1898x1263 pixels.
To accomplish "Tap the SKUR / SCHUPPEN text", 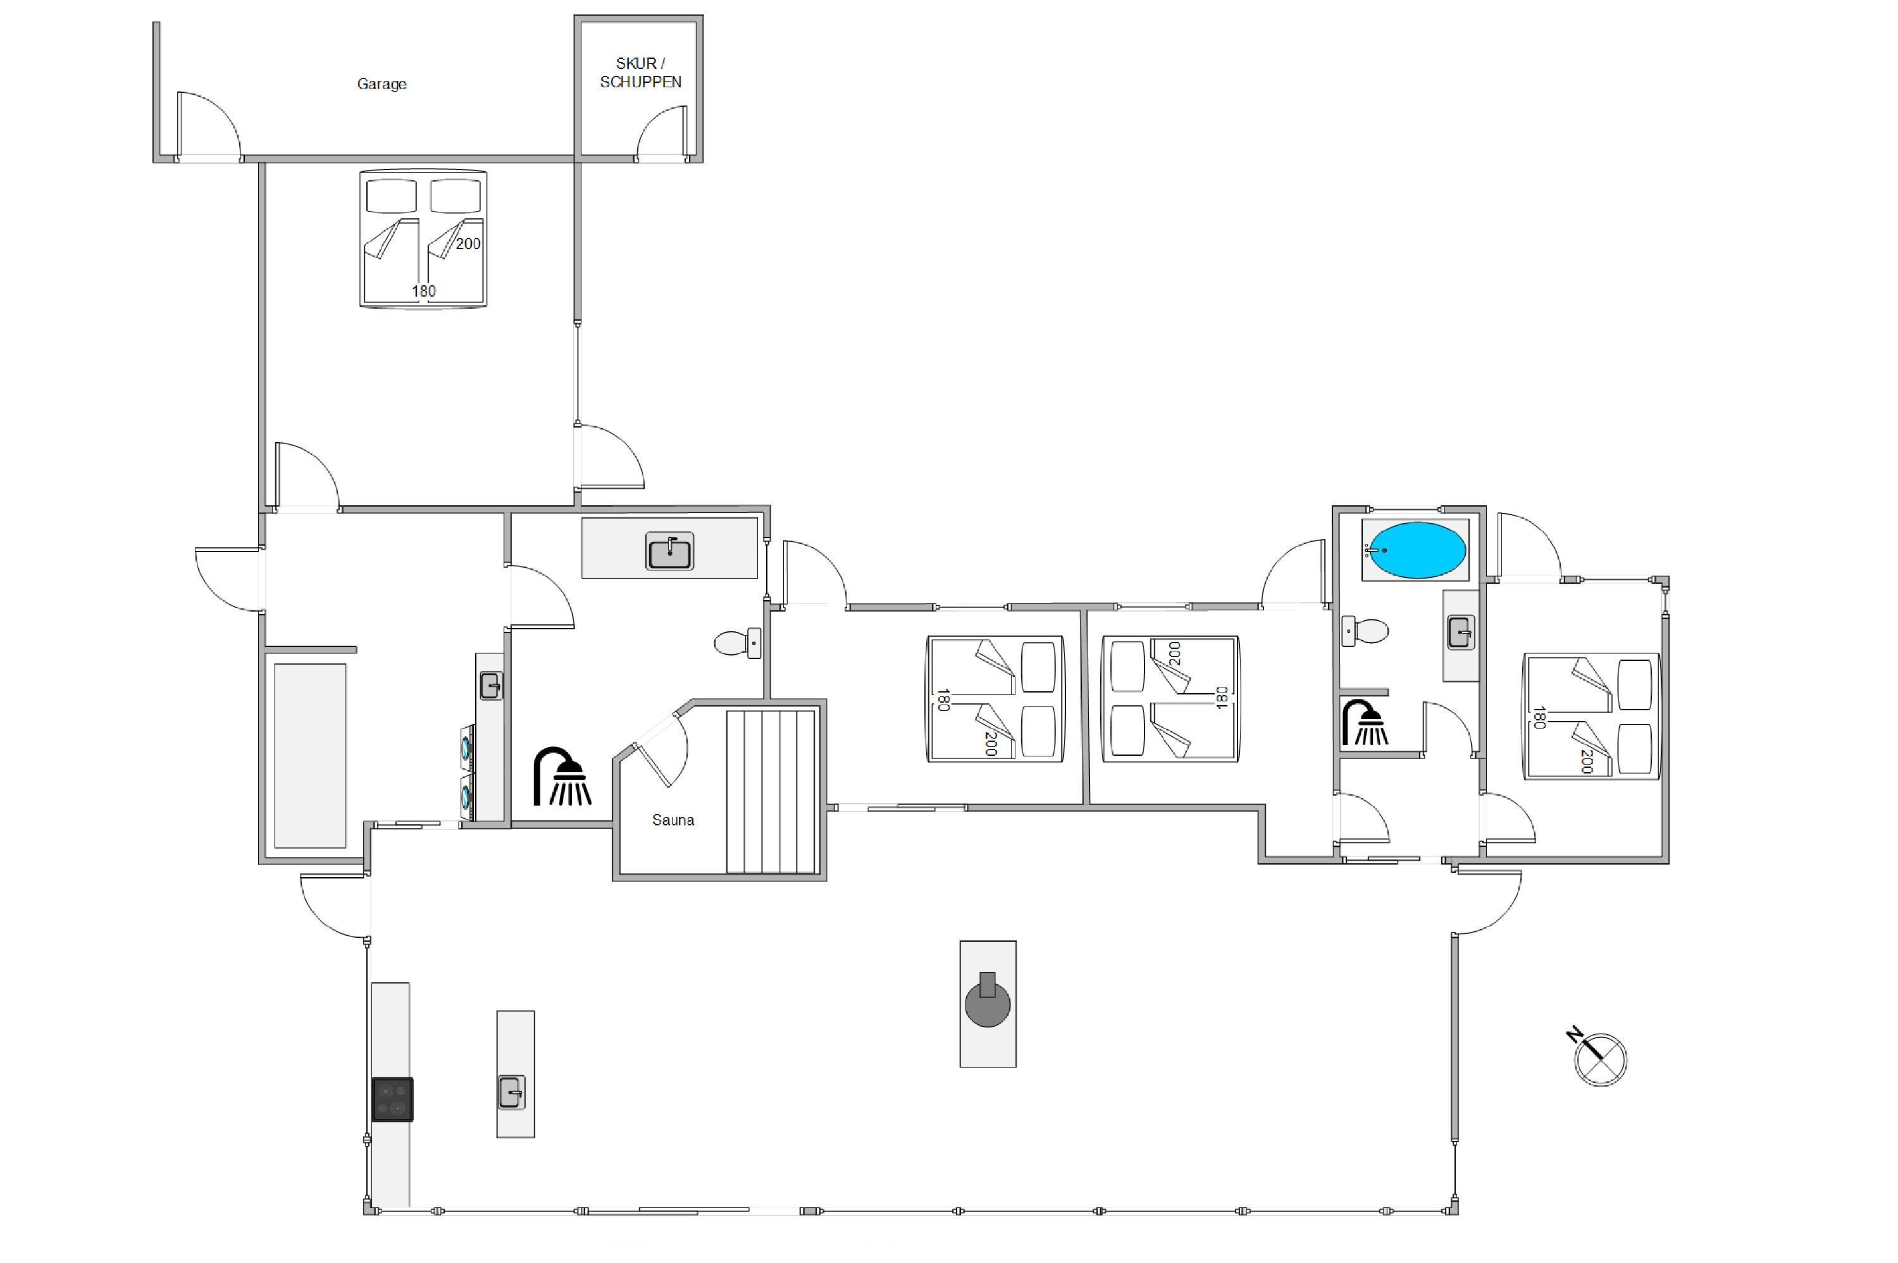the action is pyautogui.click(x=640, y=73).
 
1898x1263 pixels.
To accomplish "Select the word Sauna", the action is pyautogui.click(x=673, y=820).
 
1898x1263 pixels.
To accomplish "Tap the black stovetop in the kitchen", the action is pyautogui.click(x=392, y=1099).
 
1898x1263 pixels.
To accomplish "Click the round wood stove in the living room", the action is pyautogui.click(x=988, y=1003).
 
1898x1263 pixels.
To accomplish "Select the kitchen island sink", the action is pyautogui.click(x=512, y=1092).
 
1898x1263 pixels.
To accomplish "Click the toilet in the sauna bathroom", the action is pyautogui.click(x=737, y=643).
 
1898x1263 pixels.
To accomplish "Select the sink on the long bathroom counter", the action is pyautogui.click(x=669, y=551).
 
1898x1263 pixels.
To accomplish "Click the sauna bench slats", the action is pyautogui.click(x=771, y=792).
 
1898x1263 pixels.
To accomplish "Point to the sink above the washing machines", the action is pyautogui.click(x=490, y=686).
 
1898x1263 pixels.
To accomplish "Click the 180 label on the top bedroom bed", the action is pyautogui.click(x=424, y=291).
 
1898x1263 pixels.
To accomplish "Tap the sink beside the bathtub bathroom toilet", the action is pyautogui.click(x=1461, y=632).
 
